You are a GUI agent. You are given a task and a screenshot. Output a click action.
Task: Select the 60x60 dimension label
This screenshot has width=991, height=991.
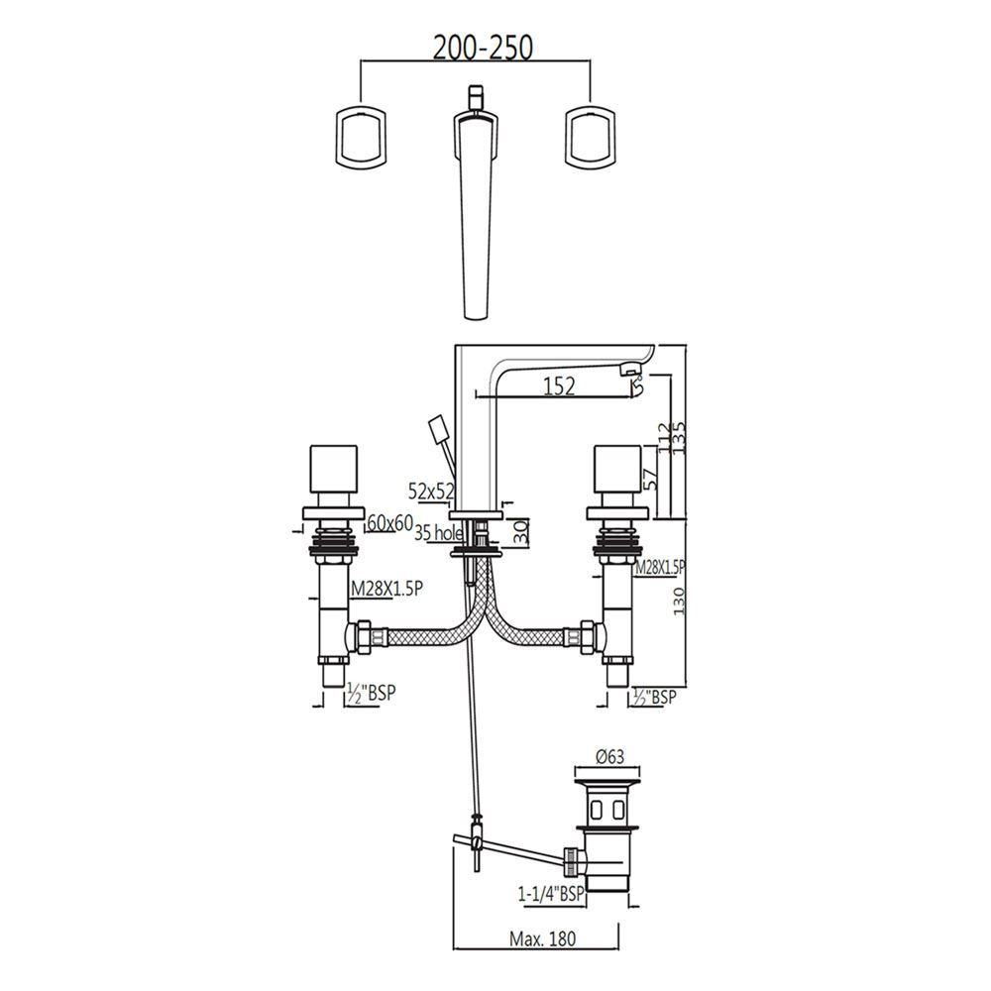click(x=389, y=523)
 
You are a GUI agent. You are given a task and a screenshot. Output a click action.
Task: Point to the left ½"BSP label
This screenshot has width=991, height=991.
click(x=370, y=695)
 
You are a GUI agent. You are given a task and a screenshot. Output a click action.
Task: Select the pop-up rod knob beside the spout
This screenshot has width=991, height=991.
click(x=437, y=433)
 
